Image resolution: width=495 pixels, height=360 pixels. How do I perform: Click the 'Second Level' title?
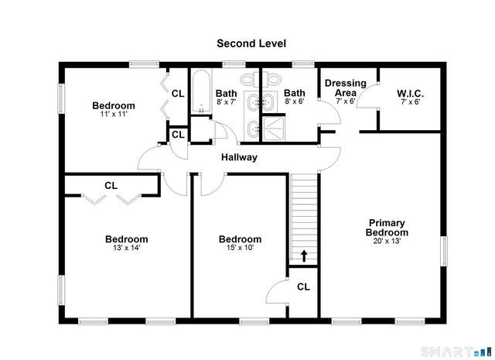(251, 43)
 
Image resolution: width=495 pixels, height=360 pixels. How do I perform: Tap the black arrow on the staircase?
(304, 256)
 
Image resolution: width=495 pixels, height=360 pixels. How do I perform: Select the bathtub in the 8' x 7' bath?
(201, 91)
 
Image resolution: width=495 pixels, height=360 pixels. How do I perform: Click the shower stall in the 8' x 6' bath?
(274, 129)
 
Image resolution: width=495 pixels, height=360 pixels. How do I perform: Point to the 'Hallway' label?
(239, 157)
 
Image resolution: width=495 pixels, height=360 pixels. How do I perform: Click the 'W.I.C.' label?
(410, 94)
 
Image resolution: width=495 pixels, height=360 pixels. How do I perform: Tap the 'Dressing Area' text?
(346, 87)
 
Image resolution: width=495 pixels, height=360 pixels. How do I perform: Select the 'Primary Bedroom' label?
(387, 228)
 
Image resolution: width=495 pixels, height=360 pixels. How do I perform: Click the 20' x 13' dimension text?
(387, 241)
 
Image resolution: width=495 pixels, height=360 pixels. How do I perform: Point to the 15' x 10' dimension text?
(240, 248)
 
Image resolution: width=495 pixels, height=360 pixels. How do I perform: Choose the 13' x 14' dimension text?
(126, 248)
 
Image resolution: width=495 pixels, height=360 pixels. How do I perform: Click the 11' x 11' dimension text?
(114, 114)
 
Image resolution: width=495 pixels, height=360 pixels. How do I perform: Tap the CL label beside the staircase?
(303, 286)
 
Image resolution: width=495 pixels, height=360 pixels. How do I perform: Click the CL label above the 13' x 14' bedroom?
(111, 186)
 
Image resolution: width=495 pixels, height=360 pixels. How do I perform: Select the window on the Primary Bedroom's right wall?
(444, 251)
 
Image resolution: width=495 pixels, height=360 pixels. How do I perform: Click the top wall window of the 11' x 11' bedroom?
(144, 64)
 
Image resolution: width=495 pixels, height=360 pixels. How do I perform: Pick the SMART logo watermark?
(456, 351)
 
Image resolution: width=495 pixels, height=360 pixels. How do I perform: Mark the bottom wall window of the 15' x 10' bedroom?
(254, 322)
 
